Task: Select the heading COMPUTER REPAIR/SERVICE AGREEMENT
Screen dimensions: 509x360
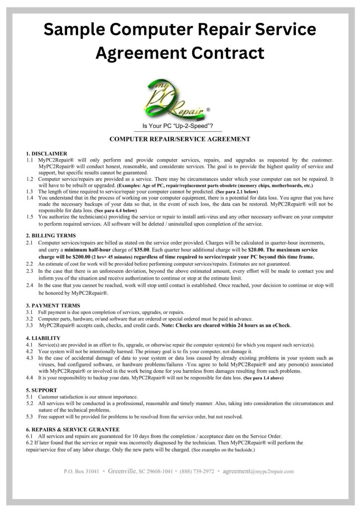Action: (x=180, y=139)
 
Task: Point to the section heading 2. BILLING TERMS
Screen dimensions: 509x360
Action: (x=51, y=235)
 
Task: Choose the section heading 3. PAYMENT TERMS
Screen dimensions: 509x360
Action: (x=53, y=305)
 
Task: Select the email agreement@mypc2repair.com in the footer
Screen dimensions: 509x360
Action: (x=259, y=471)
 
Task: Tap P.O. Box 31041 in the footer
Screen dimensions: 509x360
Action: (x=85, y=471)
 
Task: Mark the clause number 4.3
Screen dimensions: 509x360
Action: (x=29, y=358)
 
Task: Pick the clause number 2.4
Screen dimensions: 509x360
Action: (x=29, y=286)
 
